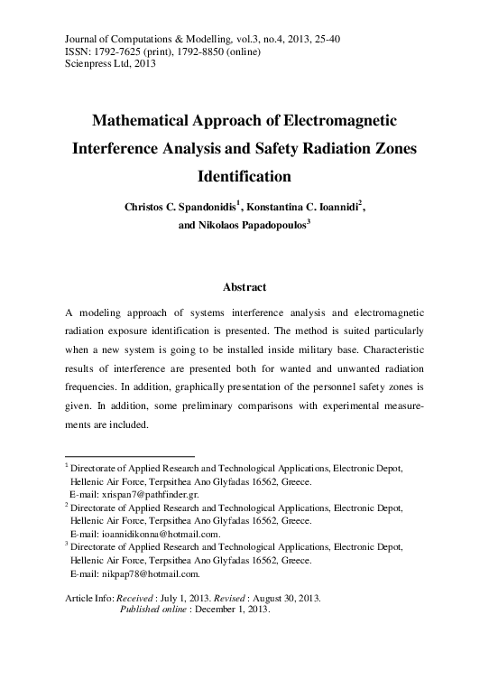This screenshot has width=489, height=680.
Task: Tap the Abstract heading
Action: [244, 288]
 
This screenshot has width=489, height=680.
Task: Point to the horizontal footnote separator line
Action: [130, 456]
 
